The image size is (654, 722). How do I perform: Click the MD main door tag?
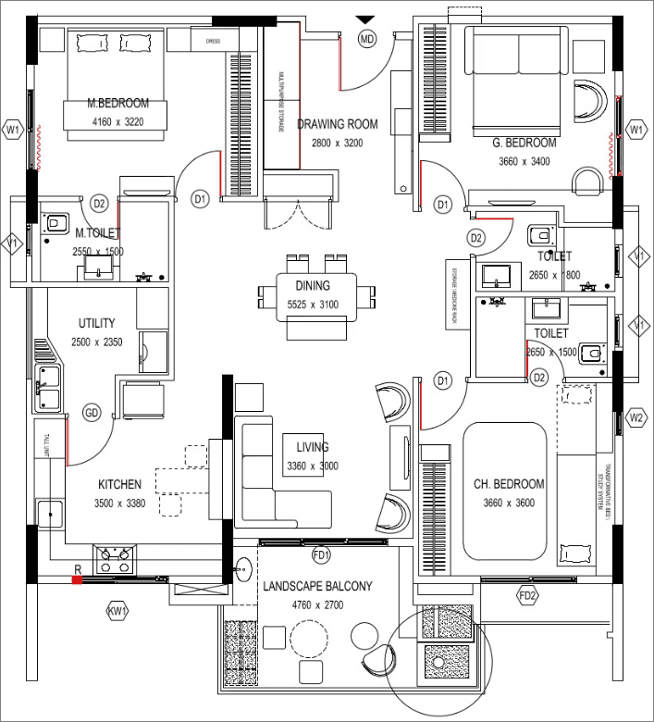point(368,39)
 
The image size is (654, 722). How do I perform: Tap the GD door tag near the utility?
point(92,412)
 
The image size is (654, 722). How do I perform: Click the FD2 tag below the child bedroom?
point(527,595)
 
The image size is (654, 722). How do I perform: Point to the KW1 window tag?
point(117,611)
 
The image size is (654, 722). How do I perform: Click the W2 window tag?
point(636,417)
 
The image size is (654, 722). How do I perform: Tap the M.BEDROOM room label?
point(117,104)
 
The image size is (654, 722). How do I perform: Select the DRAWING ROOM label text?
point(338,124)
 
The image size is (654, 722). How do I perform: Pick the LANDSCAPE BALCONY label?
point(317,587)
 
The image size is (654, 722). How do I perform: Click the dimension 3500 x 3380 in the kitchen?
point(119,503)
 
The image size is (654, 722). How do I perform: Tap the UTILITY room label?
point(96,324)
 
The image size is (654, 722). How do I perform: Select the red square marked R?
point(78,579)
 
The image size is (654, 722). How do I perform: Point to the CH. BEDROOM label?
point(509,484)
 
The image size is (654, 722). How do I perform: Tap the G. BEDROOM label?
point(524,143)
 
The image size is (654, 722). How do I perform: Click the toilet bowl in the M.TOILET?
point(56,222)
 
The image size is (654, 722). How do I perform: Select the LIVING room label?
point(313,448)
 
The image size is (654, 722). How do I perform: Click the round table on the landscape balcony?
point(309,637)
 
